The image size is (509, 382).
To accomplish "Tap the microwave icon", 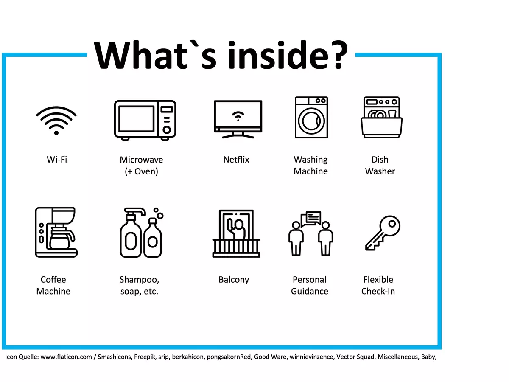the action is point(145,120).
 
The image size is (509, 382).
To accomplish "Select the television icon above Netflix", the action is point(238,119).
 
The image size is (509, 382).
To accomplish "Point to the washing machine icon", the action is point(311,117).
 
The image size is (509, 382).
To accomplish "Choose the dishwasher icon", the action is point(381,117).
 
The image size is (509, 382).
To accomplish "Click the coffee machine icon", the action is point(56,232).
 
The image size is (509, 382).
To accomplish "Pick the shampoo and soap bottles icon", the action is point(141,233).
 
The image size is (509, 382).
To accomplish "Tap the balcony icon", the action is point(236,233).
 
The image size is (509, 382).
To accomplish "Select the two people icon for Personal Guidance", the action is point(311,233).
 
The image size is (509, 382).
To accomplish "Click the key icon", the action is point(383,233).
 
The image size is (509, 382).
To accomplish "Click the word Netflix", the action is point(236,160).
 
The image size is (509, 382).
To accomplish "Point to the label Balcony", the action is point(234,280).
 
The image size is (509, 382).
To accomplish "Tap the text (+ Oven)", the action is point(141,171).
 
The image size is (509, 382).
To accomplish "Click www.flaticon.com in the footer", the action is point(66,357).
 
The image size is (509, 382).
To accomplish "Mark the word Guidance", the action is point(310,291).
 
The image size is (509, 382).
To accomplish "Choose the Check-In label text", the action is point(378,291).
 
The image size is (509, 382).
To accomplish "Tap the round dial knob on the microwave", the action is point(167,130).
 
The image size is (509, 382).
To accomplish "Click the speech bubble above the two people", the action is point(311,219).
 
